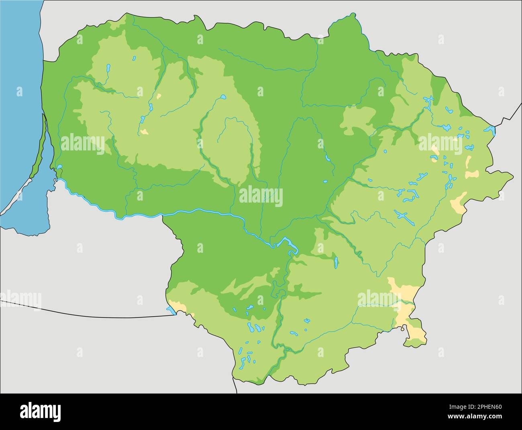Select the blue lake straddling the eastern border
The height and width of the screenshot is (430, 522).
[x=490, y=130]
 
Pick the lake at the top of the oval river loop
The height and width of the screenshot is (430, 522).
[x=223, y=97]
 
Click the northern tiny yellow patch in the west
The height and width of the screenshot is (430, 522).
[x=159, y=96]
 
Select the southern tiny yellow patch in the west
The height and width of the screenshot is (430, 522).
[x=144, y=131]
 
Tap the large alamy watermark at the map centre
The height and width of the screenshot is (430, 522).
[x=261, y=197]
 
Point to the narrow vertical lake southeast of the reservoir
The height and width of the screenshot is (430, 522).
[x=336, y=263]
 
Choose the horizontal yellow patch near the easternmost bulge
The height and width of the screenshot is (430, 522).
[x=472, y=174]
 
